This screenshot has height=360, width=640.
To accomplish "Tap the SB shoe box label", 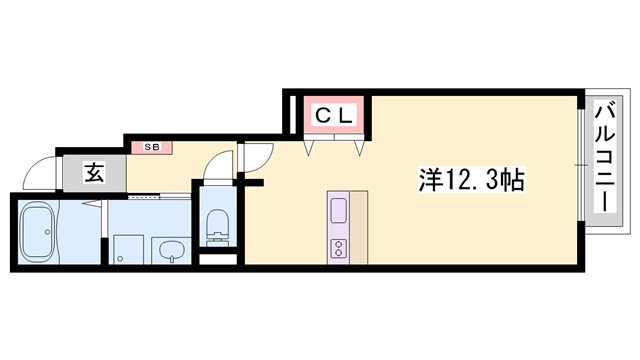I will click(x=152, y=148).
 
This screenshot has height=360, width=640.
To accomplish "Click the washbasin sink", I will click(x=169, y=248).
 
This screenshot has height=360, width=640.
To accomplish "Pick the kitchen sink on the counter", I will click(x=338, y=211).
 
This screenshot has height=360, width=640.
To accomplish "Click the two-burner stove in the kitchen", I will click(x=338, y=246).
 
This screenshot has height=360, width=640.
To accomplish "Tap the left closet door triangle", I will click(x=310, y=148).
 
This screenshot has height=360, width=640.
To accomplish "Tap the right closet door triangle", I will click(x=358, y=148).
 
